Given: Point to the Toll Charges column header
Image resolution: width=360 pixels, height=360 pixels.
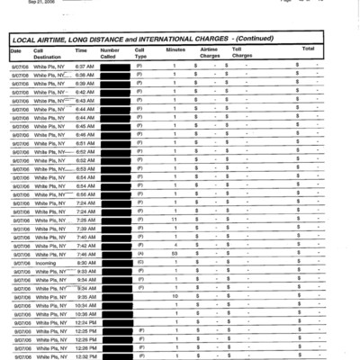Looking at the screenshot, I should pos(241,52).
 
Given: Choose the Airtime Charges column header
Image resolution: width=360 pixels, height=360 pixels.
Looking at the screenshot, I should pos(210,52).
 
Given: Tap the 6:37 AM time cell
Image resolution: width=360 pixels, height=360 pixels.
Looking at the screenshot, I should pos(85,67).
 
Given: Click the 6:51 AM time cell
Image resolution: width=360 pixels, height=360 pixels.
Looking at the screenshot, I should pos(85,143).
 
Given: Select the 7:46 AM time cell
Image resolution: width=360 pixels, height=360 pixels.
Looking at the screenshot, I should pos(85,254).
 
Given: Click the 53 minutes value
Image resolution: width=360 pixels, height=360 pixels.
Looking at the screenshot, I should pos(175,254).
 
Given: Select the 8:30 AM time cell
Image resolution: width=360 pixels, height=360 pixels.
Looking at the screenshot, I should pos(85,262).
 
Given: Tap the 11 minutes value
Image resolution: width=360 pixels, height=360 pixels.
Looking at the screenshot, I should pos(175,220).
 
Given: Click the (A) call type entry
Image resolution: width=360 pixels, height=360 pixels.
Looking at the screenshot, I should pos(139,254).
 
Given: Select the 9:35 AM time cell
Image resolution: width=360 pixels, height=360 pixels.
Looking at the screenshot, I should pos(85,296).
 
